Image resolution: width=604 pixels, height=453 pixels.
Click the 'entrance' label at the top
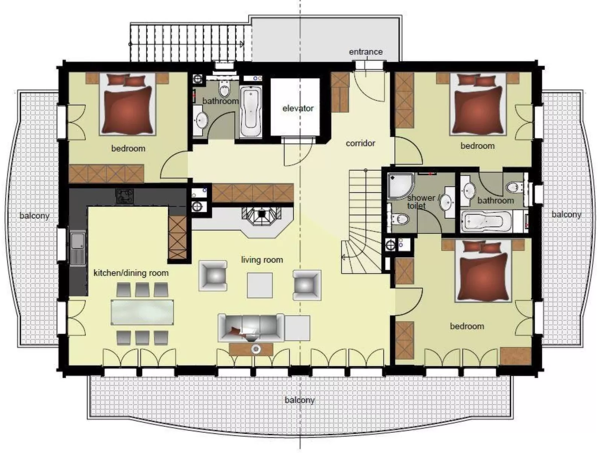366,52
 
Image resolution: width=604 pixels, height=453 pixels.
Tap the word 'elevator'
298,108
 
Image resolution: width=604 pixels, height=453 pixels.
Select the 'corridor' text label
360,143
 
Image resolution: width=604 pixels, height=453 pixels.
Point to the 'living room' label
262,259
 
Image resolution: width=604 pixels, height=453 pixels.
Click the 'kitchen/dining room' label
131,273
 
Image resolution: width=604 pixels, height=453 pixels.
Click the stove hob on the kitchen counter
124,195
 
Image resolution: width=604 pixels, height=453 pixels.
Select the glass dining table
143,312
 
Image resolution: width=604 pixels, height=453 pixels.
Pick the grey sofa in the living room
251,326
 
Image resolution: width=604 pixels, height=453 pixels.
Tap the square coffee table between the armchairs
260,285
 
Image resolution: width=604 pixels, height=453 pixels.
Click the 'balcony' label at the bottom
299,400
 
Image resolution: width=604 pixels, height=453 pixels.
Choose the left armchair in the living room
213,276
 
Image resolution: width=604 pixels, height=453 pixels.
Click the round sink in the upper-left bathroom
201,120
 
